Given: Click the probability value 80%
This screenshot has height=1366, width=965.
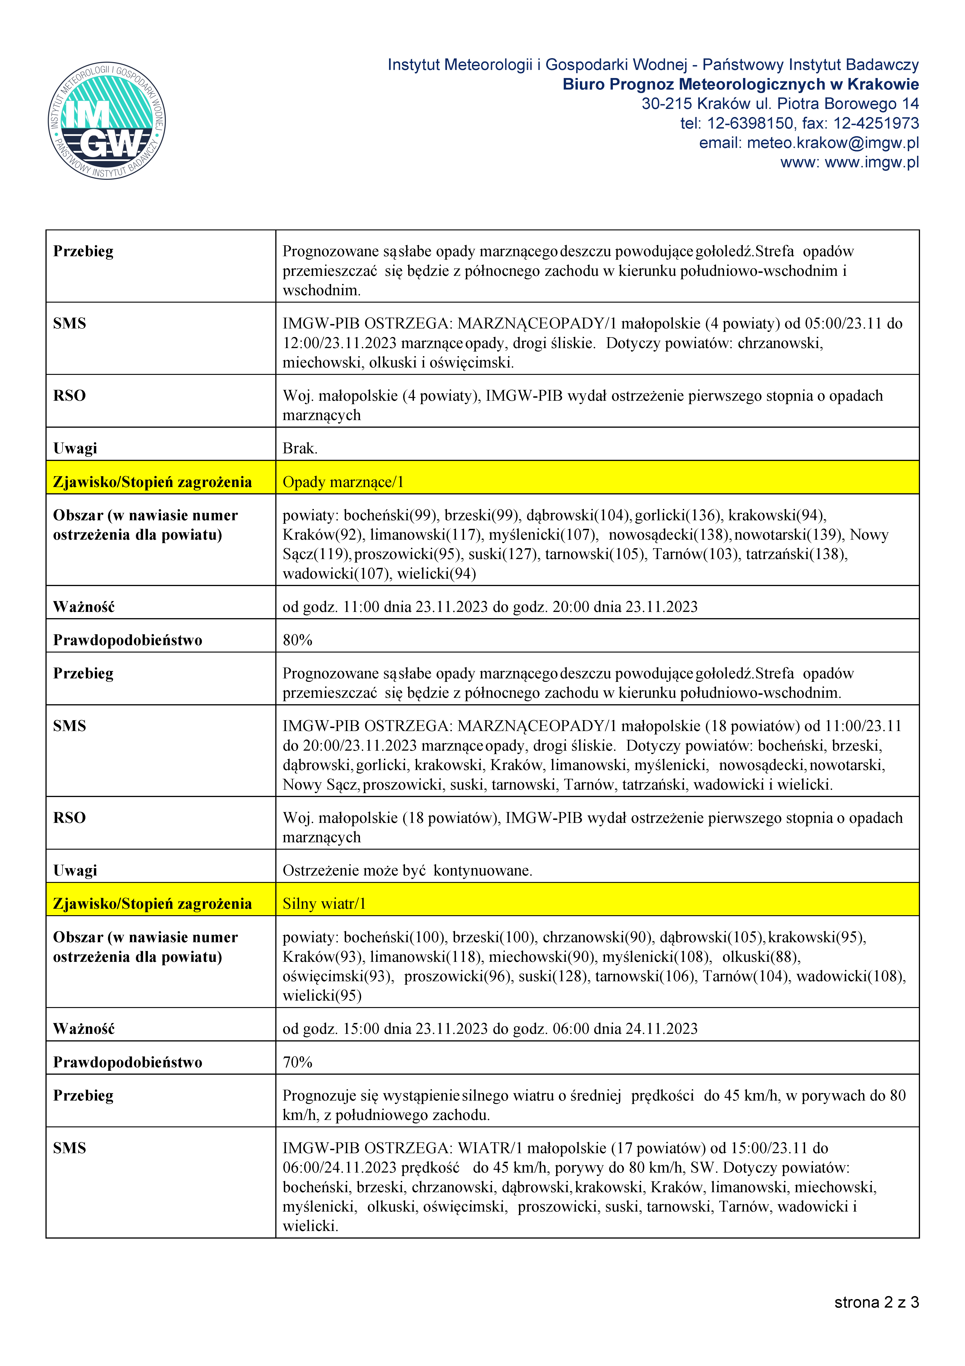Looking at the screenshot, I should (297, 640).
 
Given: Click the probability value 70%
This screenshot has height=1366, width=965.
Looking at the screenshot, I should (297, 1062).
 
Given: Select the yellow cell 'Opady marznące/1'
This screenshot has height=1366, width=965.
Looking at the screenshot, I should (343, 482).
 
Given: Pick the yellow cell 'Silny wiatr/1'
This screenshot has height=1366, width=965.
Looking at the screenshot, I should (324, 904).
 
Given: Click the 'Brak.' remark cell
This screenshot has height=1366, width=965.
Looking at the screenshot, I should (300, 448).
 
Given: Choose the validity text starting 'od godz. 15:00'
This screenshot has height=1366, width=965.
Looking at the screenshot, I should (490, 1029).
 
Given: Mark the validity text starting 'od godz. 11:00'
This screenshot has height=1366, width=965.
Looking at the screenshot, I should (490, 607).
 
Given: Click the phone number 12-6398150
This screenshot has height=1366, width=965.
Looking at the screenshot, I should (750, 123).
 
